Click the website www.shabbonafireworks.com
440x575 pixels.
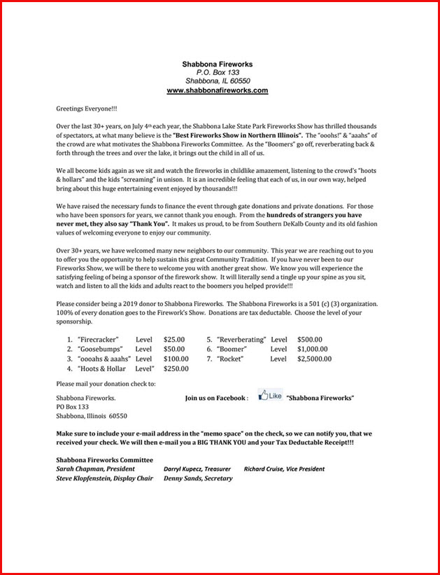tap(217, 90)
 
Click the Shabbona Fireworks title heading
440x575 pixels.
tap(217, 64)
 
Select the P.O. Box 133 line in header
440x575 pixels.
tap(218, 72)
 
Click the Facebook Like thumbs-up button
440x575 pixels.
tap(270, 396)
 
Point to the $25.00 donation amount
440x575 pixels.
tap(174, 338)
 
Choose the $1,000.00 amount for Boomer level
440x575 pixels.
tap(311, 348)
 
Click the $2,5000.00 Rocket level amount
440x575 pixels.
tap(314, 359)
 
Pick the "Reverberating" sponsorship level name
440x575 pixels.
tap(241, 338)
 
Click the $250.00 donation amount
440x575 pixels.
tap(176, 368)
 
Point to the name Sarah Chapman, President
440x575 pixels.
tap(97, 469)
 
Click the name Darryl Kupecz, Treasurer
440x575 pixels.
tap(198, 469)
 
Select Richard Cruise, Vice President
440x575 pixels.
tap(284, 469)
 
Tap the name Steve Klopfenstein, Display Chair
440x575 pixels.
tap(104, 478)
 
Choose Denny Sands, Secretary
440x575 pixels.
tap(198, 478)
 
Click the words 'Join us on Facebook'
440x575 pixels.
tap(216, 398)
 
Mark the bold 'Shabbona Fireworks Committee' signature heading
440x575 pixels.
tap(104, 459)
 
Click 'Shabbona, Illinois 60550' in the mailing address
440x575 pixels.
tap(92, 416)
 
